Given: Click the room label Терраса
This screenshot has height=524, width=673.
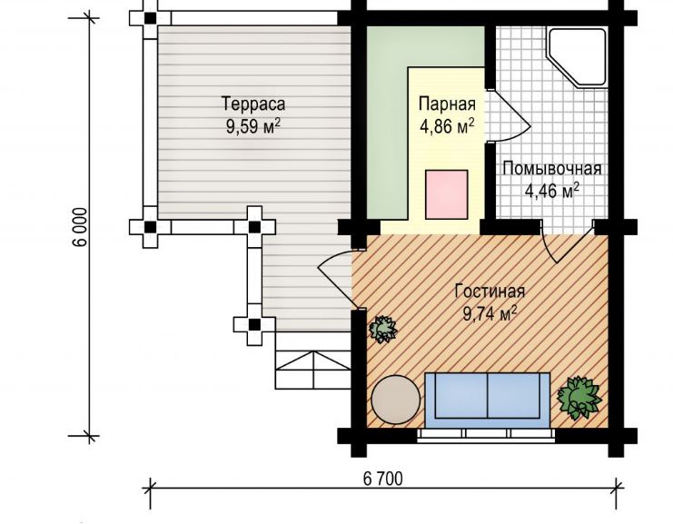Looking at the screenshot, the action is (253, 104).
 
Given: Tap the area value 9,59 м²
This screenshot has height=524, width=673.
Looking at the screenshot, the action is (253, 126).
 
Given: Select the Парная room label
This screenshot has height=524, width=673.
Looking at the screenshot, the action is (447, 104).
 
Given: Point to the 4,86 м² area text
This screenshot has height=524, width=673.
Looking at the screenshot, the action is (447, 126).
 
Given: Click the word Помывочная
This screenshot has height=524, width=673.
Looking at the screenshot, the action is (552, 169).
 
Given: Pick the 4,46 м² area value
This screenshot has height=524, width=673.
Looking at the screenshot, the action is (552, 191).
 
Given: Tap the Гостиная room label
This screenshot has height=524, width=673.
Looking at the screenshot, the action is (490, 291).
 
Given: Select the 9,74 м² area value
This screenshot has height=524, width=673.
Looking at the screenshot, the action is (490, 313).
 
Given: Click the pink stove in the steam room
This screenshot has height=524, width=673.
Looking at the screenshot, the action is (446, 194).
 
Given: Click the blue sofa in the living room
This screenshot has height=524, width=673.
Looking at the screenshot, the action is (487, 395).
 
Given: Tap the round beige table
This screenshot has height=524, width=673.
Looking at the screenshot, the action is (396, 400).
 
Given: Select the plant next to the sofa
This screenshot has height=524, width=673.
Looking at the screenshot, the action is (579, 398).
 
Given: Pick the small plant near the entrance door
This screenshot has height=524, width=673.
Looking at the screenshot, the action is (383, 329).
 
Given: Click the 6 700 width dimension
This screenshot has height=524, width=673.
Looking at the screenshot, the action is (383, 479).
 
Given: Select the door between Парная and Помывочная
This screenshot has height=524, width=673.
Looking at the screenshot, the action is (510, 116).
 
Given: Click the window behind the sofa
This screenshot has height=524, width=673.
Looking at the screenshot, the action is (486, 434).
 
